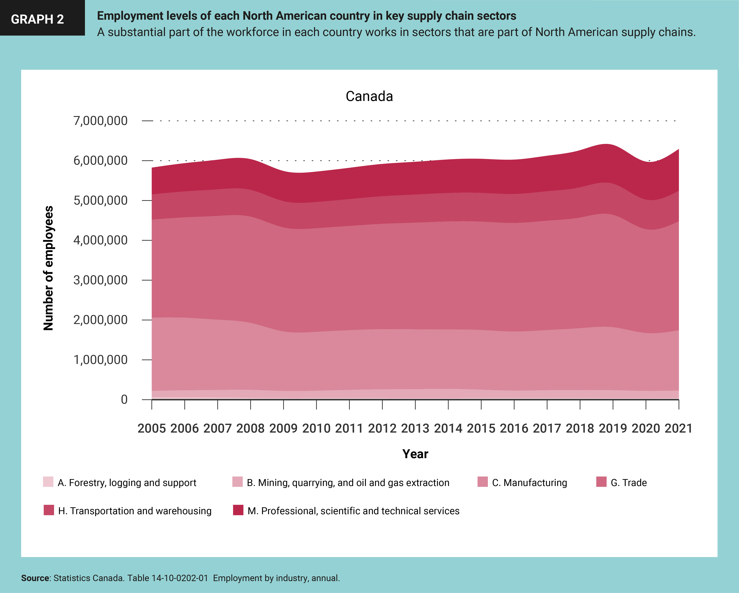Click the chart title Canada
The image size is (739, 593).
(x=369, y=96)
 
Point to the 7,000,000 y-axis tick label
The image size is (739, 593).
(x=100, y=121)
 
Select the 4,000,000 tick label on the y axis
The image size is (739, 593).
(x=100, y=240)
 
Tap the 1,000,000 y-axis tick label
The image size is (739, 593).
(x=100, y=360)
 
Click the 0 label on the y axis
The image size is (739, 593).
(x=124, y=400)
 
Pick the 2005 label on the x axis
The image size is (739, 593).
(x=151, y=428)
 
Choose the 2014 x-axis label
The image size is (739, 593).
(x=448, y=428)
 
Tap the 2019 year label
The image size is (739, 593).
(x=613, y=428)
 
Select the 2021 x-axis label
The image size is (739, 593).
(x=679, y=428)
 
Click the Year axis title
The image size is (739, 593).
(x=415, y=454)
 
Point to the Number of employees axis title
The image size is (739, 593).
(x=48, y=268)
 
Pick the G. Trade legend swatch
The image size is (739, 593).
(x=601, y=482)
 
